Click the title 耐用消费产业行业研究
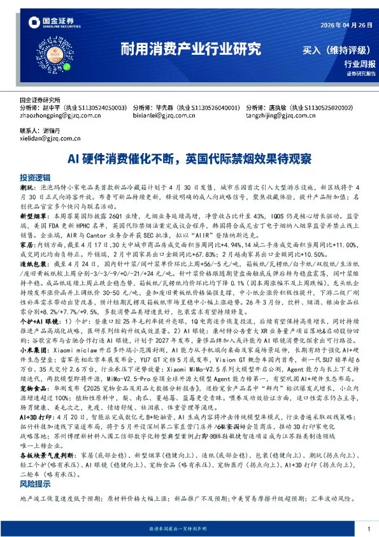[x=190, y=48]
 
